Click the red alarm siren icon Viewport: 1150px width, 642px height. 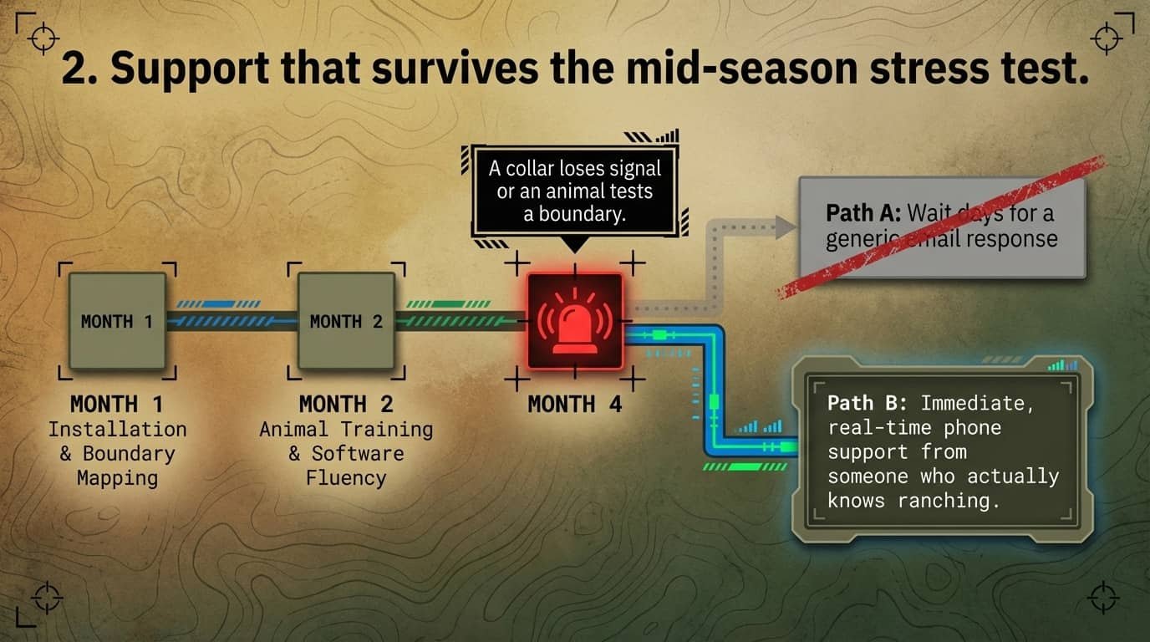[574, 320]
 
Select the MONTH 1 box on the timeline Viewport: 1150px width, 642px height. [116, 321]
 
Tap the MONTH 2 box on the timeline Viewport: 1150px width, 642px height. [346, 321]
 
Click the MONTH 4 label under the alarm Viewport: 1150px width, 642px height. [574, 404]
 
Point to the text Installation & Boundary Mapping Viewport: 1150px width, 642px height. [117, 453]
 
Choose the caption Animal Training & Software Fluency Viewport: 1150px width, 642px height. [346, 453]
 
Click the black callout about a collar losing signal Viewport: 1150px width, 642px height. [574, 191]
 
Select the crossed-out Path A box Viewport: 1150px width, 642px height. [942, 227]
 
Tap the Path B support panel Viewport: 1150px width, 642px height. [942, 451]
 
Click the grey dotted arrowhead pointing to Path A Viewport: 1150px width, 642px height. [783, 227]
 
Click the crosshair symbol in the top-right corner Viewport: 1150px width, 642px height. [1107, 38]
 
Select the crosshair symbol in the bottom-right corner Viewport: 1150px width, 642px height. [1103, 599]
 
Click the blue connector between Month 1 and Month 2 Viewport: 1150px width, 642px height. [232, 320]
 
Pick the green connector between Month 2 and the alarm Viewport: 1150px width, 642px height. [460, 320]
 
